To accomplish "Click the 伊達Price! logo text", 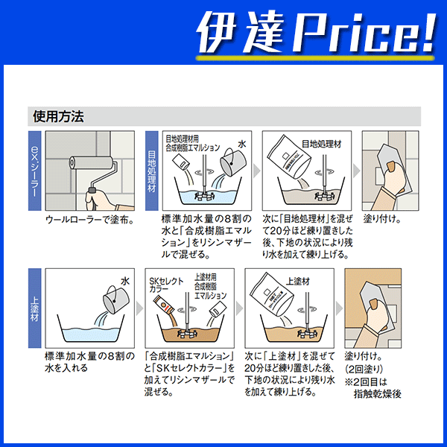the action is click(x=316, y=33).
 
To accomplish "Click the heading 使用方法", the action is click(x=58, y=116).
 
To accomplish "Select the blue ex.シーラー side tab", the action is click(x=34, y=171).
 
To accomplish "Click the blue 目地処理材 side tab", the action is click(x=152, y=171).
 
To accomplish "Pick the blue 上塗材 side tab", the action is click(x=34, y=308).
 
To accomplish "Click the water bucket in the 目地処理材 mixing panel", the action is click(x=232, y=162).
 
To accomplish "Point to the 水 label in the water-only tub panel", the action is click(x=125, y=282).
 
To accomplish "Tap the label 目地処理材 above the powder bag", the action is click(x=322, y=144).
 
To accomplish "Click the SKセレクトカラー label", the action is click(x=166, y=285).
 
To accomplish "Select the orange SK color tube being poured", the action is click(x=163, y=305).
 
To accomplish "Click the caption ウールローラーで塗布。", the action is click(x=89, y=220).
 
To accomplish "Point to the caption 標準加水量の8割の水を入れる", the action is click(x=89, y=362).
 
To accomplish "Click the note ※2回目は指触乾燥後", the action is click(x=373, y=388).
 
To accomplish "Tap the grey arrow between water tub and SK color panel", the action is click(x=139, y=308).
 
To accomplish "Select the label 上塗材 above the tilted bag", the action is click(x=297, y=282).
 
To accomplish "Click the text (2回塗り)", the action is click(x=364, y=370).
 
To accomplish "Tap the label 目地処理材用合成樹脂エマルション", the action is click(x=193, y=143).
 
